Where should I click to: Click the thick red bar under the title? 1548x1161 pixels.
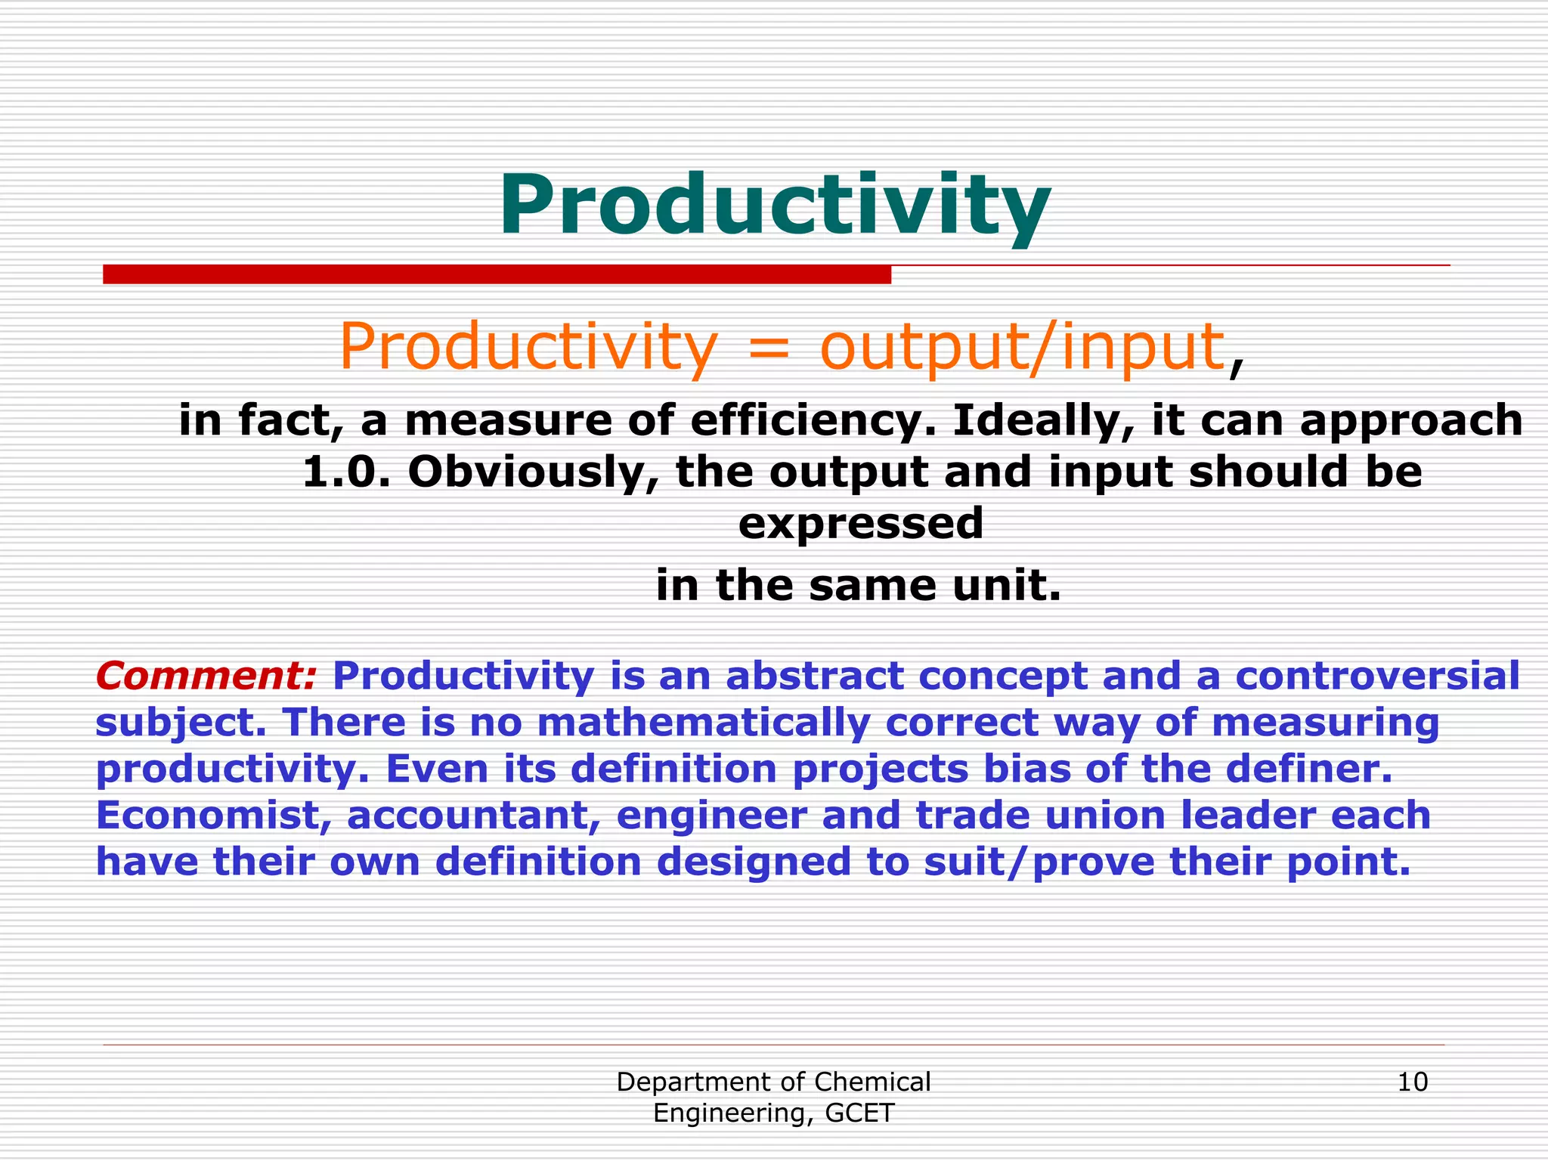point(497,274)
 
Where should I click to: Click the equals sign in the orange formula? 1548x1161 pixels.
point(766,349)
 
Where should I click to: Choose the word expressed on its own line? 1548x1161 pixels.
point(861,523)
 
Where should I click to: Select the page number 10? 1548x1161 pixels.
point(1412,1082)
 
